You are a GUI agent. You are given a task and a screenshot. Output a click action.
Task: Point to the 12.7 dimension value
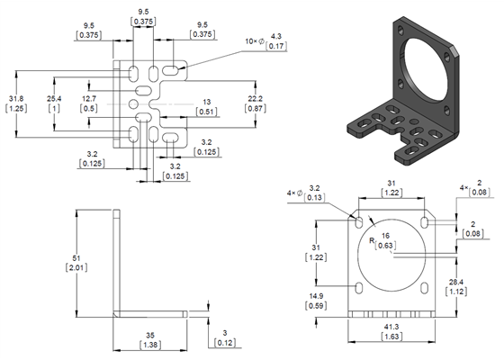[89, 97]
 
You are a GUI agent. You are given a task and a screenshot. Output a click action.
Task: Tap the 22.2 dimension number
[255, 97]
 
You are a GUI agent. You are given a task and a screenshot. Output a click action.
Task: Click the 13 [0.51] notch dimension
[207, 102]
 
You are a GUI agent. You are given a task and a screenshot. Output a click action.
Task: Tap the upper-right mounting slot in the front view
[424, 220]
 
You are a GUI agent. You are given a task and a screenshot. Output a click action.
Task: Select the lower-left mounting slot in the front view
[360, 287]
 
